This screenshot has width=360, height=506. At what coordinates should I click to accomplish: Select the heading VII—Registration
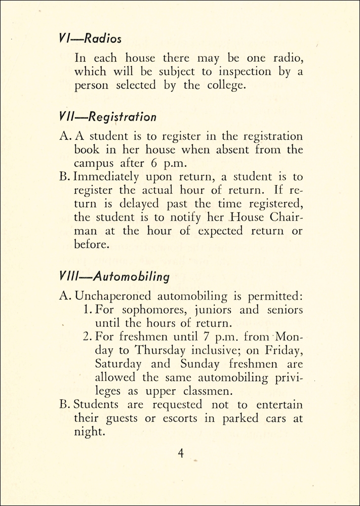pos(108,117)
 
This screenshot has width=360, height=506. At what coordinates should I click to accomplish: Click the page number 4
pos(180,453)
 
